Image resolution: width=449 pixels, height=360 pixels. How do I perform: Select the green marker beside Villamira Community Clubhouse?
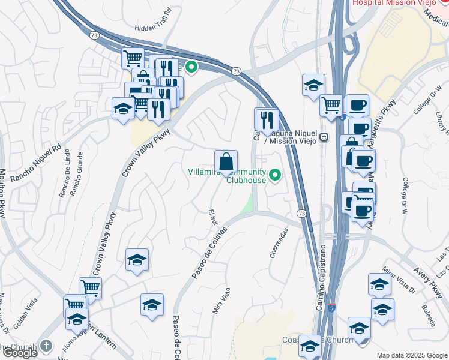[276, 175]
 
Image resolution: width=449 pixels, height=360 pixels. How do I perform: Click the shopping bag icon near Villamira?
[226, 162]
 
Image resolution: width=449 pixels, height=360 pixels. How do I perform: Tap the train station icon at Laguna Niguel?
[324, 137]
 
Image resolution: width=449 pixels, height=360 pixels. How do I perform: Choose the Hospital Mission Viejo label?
[393, 4]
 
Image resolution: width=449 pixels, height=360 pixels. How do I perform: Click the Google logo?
[19, 353]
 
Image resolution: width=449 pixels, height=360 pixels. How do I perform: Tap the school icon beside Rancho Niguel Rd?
[122, 109]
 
